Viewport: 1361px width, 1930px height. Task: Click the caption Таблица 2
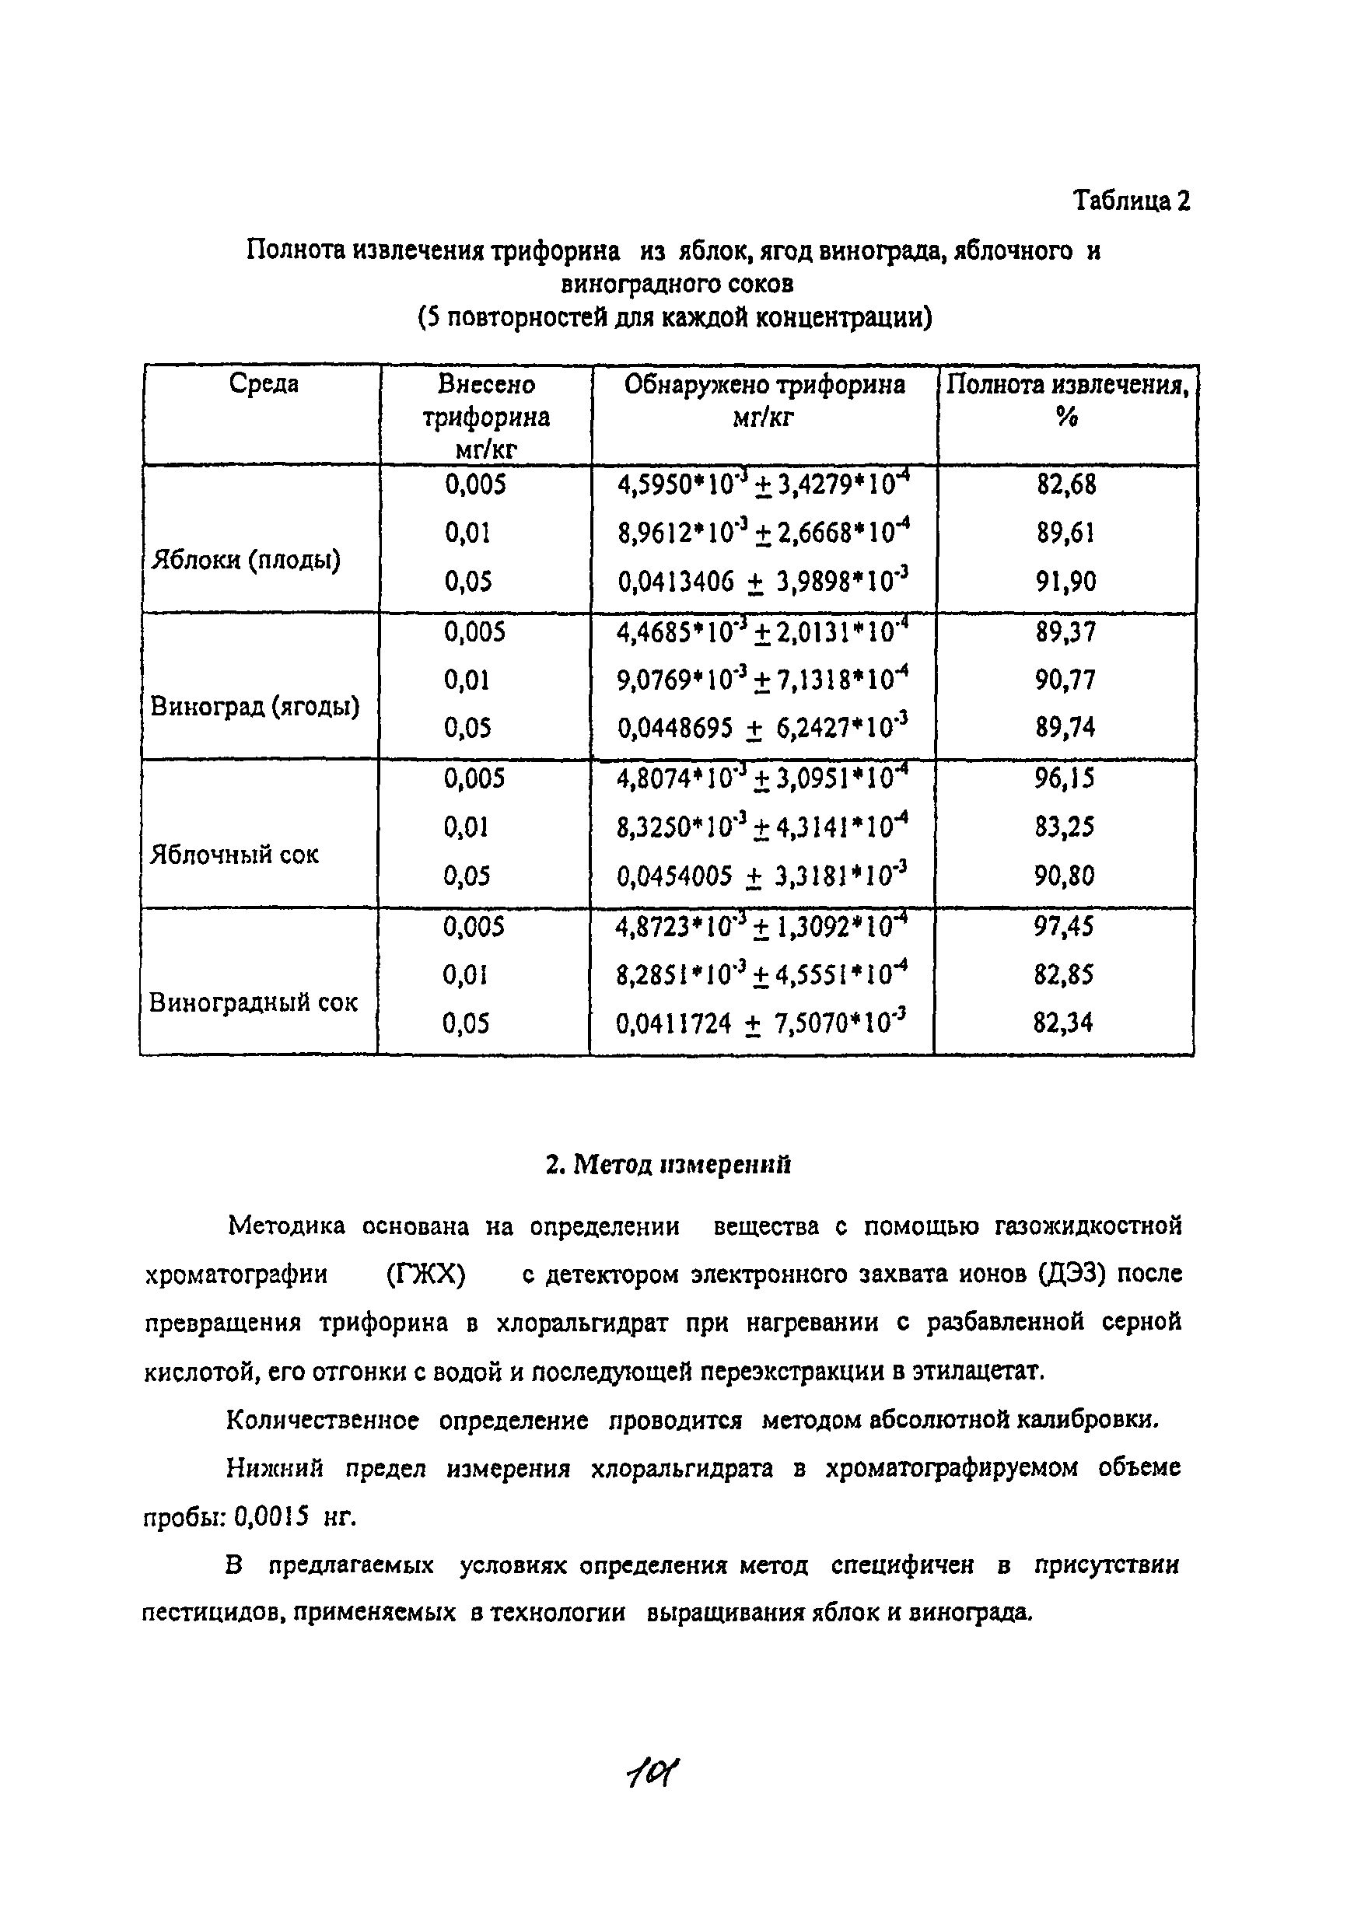[x=1131, y=201]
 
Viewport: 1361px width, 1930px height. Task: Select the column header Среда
[x=263, y=384]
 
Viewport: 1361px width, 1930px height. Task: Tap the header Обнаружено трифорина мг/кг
[x=764, y=400]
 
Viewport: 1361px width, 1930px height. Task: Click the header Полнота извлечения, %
[x=1067, y=400]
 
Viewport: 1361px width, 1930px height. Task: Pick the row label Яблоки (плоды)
[x=246, y=560]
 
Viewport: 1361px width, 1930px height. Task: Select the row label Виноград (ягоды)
[x=254, y=707]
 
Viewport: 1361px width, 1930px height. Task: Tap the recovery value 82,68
[x=1066, y=485]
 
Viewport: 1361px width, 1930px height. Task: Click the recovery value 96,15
[x=1065, y=778]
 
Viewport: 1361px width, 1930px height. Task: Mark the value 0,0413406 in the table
[x=676, y=582]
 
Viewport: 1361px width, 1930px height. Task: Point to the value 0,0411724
[x=674, y=1024]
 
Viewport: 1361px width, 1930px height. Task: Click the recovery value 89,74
[x=1065, y=728]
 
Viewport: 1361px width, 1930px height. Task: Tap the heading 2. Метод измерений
[x=668, y=1164]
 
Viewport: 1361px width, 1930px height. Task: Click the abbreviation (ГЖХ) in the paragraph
[x=425, y=1274]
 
